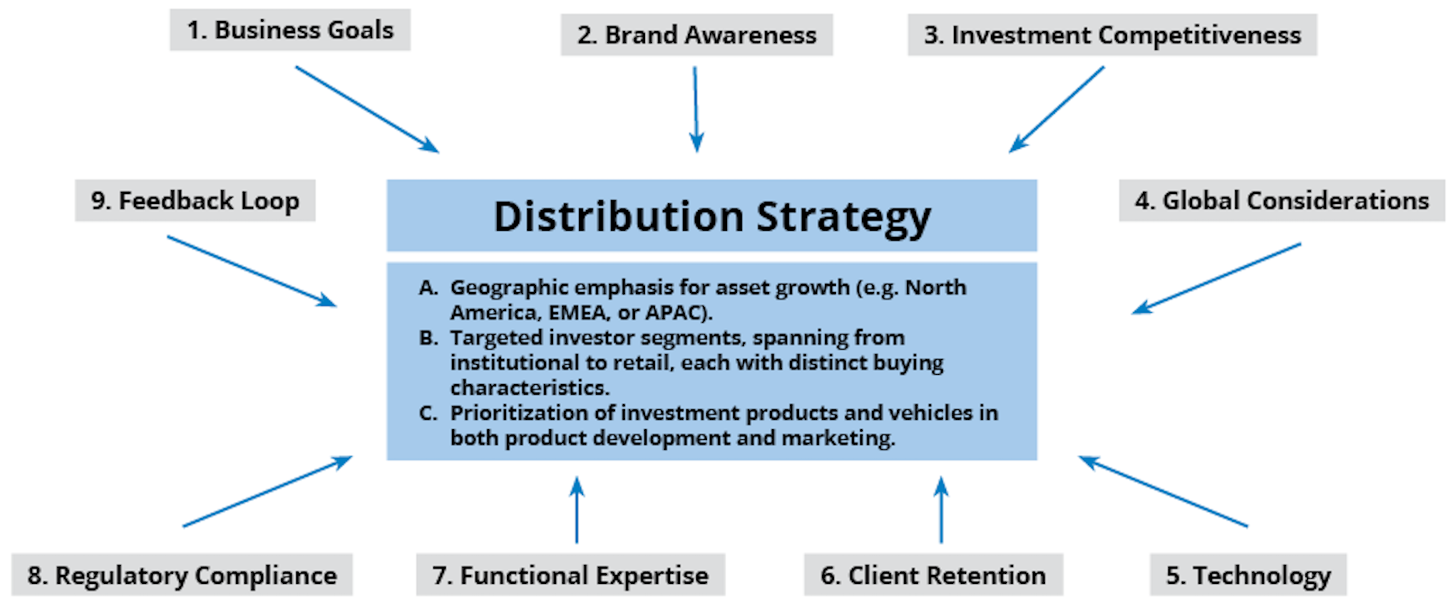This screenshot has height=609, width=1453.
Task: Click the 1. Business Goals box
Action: coord(290,30)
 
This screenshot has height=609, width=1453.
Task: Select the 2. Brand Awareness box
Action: coord(696,35)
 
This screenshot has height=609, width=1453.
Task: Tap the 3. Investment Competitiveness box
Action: coord(1112,35)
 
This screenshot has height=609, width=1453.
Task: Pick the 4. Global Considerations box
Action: coord(1282,200)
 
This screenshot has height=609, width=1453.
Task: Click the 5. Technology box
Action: coord(1248,574)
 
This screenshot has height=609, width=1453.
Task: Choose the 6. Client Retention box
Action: coord(933,574)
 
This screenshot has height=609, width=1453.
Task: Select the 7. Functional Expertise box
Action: coord(570,574)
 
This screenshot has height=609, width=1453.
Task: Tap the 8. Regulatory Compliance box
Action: coord(182,574)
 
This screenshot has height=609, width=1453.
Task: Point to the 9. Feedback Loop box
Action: coord(195,200)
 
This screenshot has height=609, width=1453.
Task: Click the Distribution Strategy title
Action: coord(712,216)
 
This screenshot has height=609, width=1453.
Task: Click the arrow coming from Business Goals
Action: coord(367,110)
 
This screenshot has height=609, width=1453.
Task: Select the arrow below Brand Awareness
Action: coord(696,110)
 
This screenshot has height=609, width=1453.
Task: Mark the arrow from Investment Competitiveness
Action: coord(1057,110)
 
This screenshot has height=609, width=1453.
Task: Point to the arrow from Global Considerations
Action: coord(1216,279)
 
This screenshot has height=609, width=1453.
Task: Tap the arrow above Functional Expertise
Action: coord(577,509)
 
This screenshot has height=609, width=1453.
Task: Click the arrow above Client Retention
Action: coord(941,509)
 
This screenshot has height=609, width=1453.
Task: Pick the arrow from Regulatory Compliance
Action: coord(268,491)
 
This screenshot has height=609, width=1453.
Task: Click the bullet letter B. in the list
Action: coord(429,338)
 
